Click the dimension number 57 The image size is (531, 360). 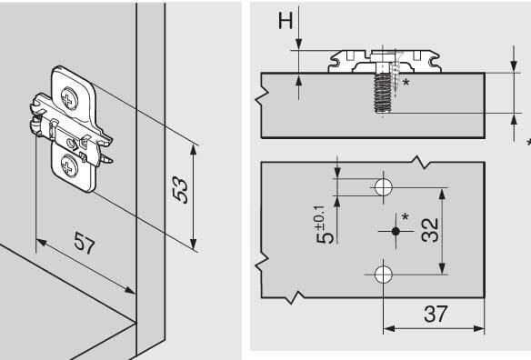(85, 243)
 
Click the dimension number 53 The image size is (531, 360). (179, 190)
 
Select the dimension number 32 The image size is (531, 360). (430, 230)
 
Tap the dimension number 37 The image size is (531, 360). (436, 314)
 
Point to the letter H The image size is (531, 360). (286, 20)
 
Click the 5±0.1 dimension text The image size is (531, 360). (325, 225)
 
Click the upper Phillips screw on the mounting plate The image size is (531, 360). (69, 98)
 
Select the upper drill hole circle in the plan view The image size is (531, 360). (384, 187)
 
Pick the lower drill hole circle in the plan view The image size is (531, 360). (384, 275)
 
